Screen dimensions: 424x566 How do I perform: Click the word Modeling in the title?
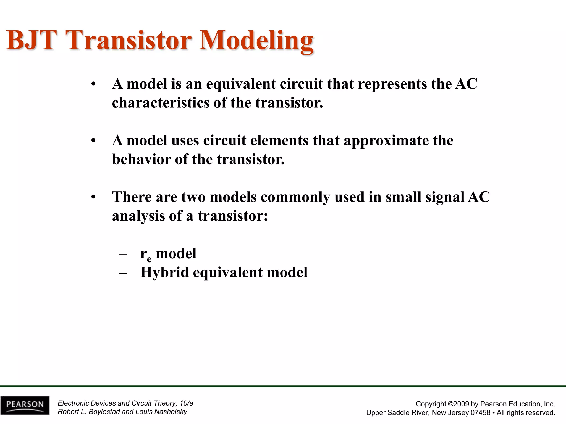[256, 41]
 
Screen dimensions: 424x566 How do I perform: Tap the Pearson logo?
[25, 405]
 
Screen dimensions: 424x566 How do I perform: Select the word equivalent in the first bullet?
[241, 84]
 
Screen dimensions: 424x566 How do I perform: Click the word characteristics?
[161, 103]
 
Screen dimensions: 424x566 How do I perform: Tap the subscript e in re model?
[149, 259]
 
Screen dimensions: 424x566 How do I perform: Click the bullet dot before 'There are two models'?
[93, 197]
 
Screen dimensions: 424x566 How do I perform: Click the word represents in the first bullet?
[392, 84]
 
